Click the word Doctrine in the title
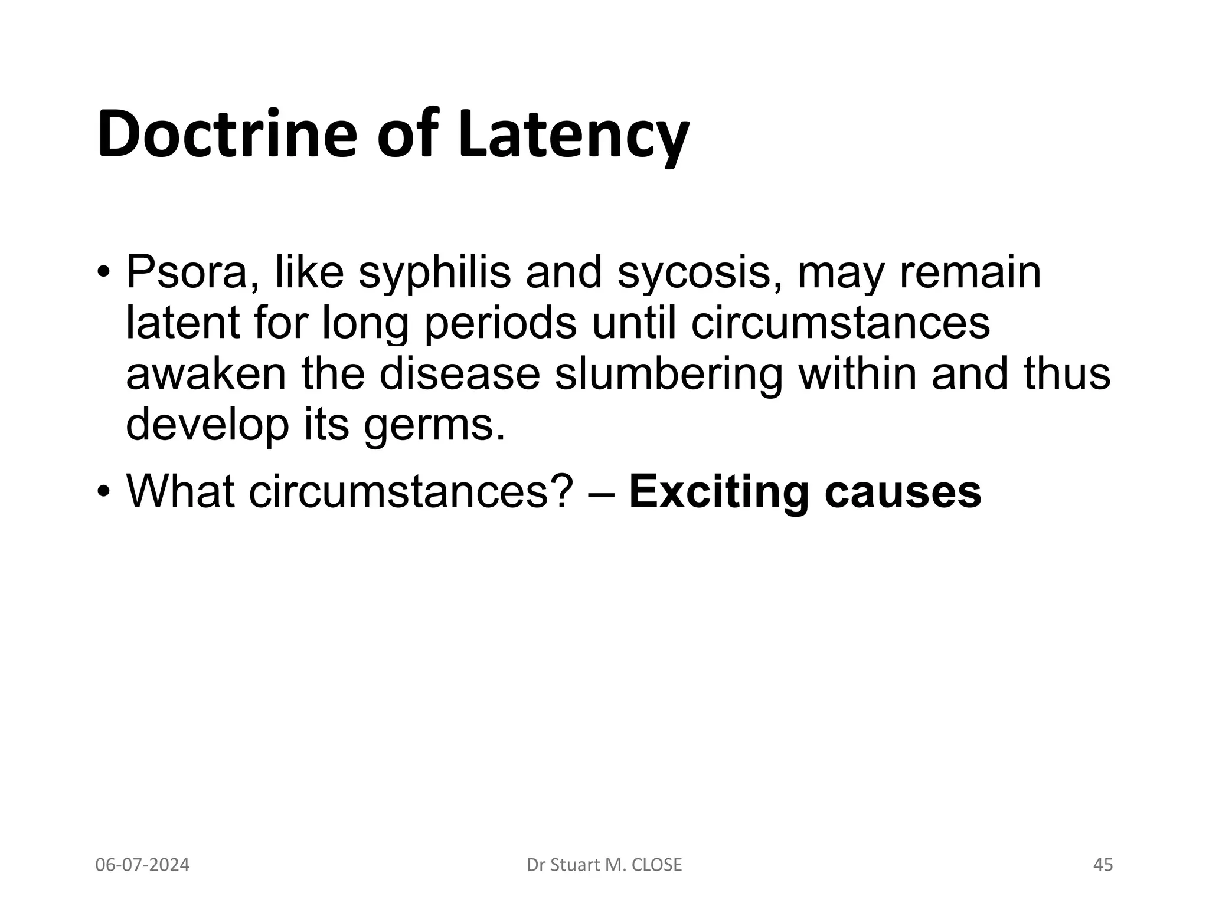click(227, 134)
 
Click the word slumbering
click(668, 375)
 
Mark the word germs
click(435, 426)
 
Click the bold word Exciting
click(718, 492)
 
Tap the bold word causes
click(903, 492)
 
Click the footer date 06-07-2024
click(142, 865)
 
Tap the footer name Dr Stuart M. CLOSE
click(604, 865)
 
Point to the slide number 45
click(1103, 865)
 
